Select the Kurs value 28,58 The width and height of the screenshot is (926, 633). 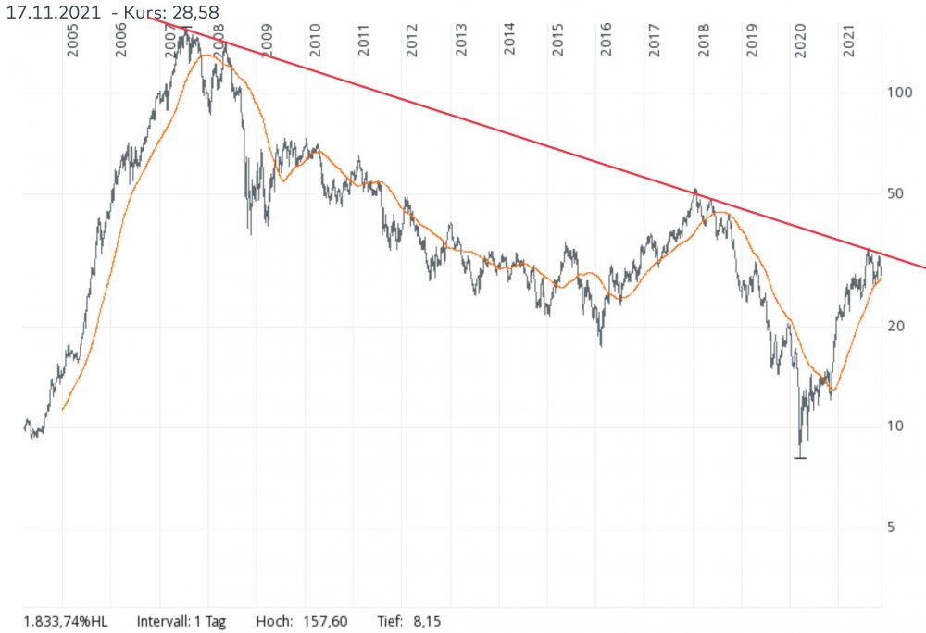point(194,10)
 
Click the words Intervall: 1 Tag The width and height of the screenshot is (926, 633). point(181,621)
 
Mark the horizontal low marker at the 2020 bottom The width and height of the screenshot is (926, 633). point(800,457)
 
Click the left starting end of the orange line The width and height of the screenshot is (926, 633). point(62,409)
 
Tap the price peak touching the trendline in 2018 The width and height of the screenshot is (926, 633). point(695,190)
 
